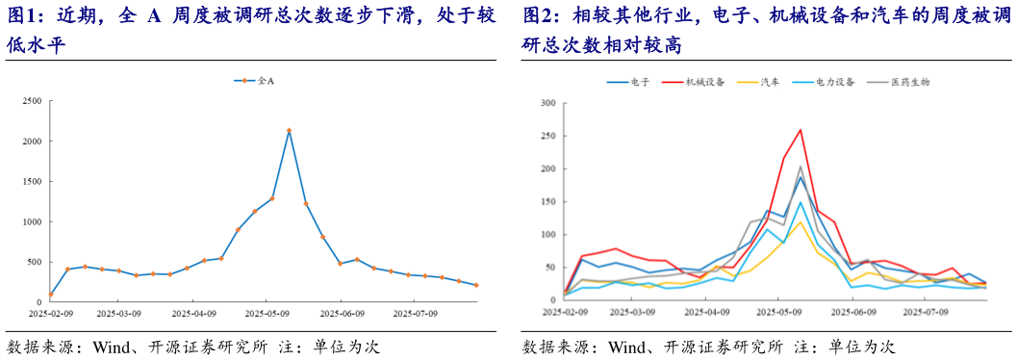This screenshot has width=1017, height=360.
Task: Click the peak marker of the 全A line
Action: pyautogui.click(x=289, y=131)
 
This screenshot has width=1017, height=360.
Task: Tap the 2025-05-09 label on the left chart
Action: pyautogui.click(x=267, y=312)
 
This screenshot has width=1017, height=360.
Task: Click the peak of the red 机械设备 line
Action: pyautogui.click(x=800, y=130)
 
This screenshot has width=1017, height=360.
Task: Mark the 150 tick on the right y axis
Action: pyautogui.click(x=549, y=201)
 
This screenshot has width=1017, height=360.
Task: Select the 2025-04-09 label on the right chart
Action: pyautogui.click(x=708, y=312)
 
